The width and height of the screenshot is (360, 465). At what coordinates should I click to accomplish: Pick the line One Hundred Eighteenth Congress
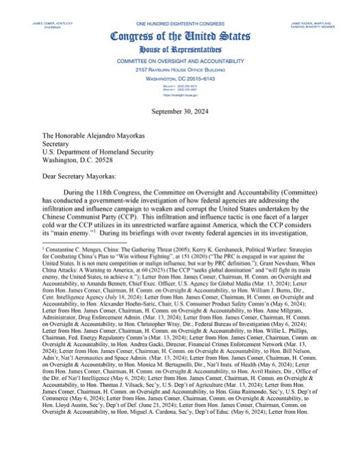coord(180,5)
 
